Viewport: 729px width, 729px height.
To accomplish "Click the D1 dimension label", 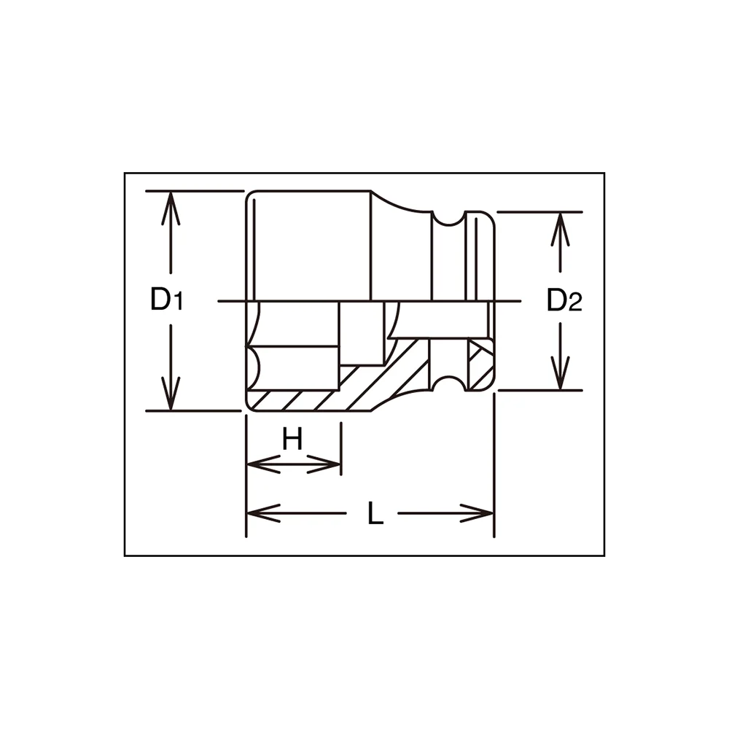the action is [166, 299].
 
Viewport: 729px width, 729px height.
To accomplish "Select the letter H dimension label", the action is [293, 438].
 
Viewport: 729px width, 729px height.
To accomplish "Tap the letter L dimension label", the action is [375, 512].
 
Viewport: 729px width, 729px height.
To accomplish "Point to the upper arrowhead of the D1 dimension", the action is [171, 208].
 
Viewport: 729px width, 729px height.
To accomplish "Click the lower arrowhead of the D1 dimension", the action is [171, 394].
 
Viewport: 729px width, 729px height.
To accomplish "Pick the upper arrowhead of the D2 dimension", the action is [561, 229].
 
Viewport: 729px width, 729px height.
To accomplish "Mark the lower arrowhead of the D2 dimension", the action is [561, 373].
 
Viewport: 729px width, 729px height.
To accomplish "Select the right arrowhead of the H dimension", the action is [324, 464].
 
